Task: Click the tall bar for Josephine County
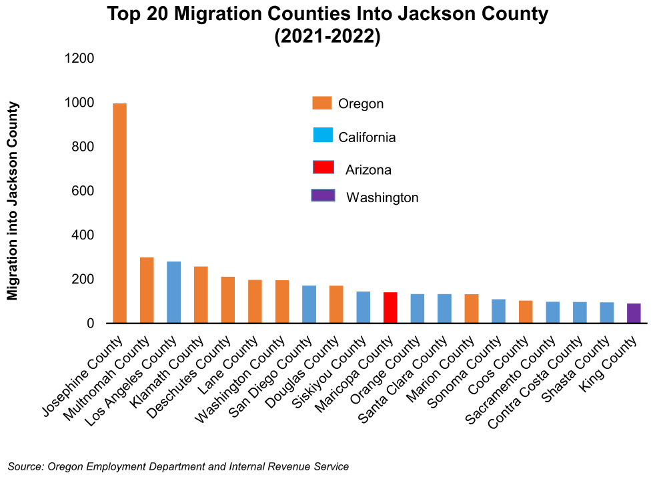tap(119, 213)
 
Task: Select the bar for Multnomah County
tap(147, 290)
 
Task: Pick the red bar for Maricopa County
tap(390, 308)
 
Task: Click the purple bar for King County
tap(634, 314)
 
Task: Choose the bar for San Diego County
tap(309, 304)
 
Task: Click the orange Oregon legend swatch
tap(321, 103)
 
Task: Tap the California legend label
tap(367, 137)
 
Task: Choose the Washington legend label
tap(382, 197)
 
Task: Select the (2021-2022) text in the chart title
tap(327, 37)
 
